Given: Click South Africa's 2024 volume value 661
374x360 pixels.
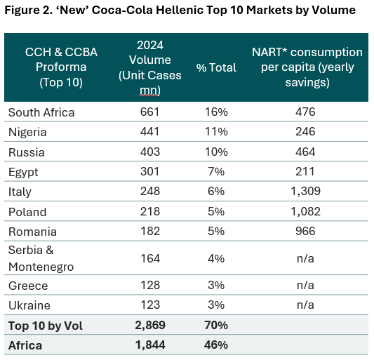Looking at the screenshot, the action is (149, 112).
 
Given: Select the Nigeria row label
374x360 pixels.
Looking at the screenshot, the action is (27, 132).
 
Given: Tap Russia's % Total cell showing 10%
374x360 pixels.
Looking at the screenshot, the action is (216, 152).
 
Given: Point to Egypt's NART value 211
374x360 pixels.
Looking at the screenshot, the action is (305, 171).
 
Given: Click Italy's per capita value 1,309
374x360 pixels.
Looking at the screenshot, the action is (305, 192).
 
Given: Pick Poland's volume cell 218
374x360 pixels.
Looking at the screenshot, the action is (149, 211).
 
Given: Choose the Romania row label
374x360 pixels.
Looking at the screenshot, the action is (32, 232).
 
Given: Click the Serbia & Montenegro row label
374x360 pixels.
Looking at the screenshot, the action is (41, 258).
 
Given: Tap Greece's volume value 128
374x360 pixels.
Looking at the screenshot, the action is (150, 285).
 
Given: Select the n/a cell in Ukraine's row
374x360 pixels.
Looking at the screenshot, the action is (305, 305).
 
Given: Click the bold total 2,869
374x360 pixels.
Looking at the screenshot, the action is (150, 325).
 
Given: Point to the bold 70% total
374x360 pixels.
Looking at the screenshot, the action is (216, 325).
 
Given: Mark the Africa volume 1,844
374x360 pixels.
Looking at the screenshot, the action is (150, 345).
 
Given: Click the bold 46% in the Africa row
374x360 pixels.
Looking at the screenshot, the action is (216, 345).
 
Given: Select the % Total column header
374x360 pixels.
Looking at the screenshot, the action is (216, 67).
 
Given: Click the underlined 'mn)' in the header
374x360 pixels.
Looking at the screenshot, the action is (149, 91).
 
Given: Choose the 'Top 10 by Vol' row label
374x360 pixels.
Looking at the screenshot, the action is (46, 326).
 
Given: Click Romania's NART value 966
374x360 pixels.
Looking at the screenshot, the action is (305, 231).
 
